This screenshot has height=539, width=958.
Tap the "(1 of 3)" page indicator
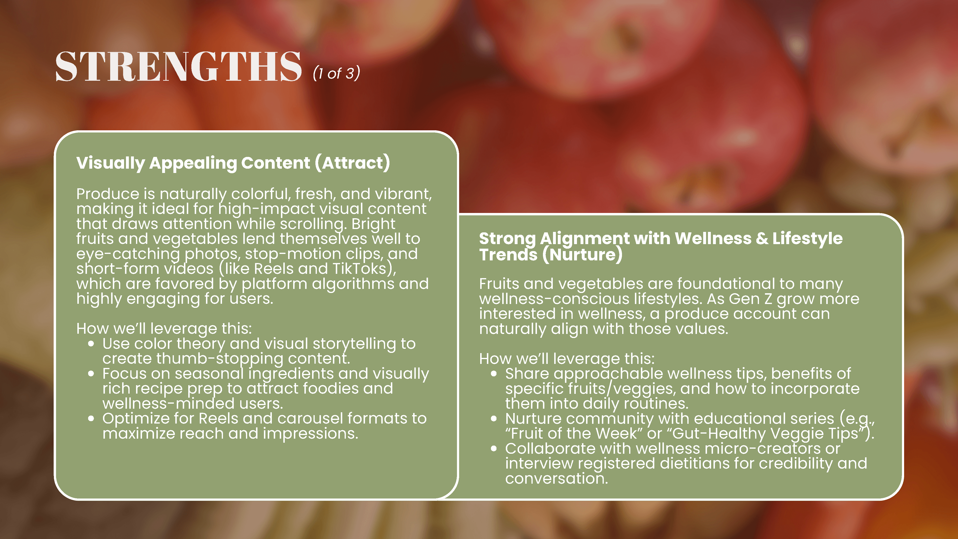[336, 73]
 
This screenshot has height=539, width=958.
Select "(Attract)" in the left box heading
[353, 163]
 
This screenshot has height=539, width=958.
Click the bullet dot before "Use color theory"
[91, 344]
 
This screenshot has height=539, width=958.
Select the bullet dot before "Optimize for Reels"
[91, 419]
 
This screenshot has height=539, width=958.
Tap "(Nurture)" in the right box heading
[582, 255]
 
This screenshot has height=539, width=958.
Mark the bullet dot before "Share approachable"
[494, 373]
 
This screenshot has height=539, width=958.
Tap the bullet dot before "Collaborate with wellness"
[494, 449]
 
